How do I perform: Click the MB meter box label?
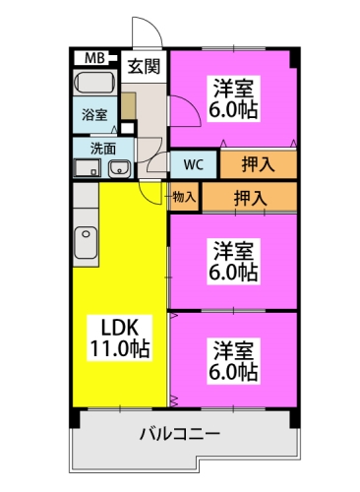(94, 58)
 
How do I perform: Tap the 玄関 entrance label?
(144, 67)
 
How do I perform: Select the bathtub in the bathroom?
(95, 82)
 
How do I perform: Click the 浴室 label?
(94, 115)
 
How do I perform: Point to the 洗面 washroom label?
(103, 149)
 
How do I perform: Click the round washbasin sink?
(119, 169)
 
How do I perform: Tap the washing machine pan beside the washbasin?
(87, 168)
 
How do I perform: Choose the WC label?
(194, 164)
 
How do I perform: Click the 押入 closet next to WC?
(258, 164)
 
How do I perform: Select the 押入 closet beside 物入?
(250, 198)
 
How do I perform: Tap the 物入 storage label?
(184, 197)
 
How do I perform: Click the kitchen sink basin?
(86, 242)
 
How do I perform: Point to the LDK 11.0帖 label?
(120, 338)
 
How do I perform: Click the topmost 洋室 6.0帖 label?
(233, 98)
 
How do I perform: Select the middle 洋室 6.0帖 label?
(233, 262)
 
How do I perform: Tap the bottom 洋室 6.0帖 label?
(233, 361)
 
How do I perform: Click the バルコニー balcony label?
(180, 435)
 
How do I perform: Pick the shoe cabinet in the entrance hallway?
(128, 105)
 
